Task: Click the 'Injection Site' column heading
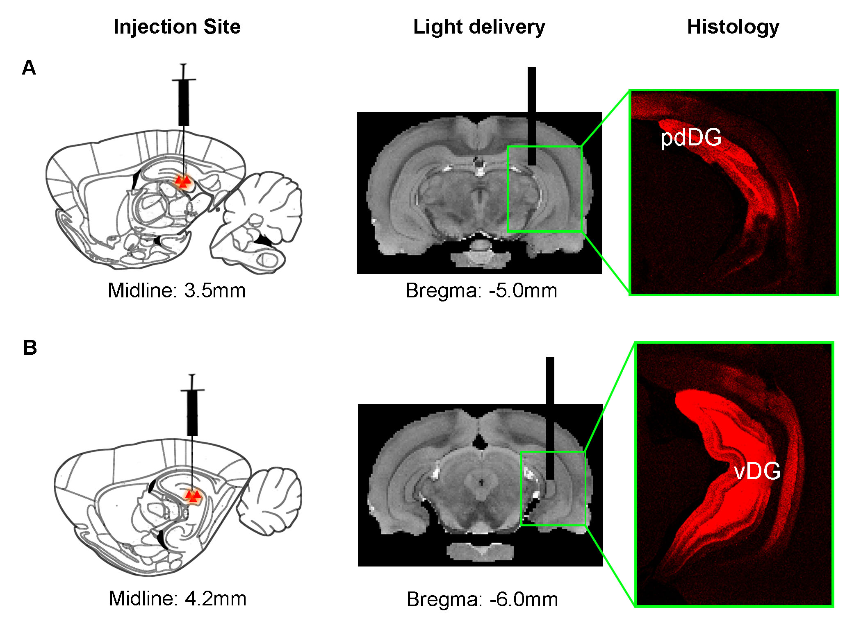(x=177, y=27)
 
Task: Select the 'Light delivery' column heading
(x=479, y=27)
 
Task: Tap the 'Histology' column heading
(x=733, y=27)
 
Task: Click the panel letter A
(x=29, y=68)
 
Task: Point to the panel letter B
(x=30, y=348)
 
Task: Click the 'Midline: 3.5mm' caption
(x=177, y=290)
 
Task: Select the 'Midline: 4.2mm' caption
(x=178, y=598)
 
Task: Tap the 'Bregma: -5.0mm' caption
(x=481, y=291)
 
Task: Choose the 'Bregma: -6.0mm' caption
(x=482, y=599)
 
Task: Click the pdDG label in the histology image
(x=691, y=137)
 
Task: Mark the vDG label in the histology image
(x=757, y=471)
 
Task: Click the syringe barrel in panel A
(x=184, y=102)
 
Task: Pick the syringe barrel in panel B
(x=192, y=413)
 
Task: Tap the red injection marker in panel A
(x=182, y=181)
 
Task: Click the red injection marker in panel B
(x=193, y=496)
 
